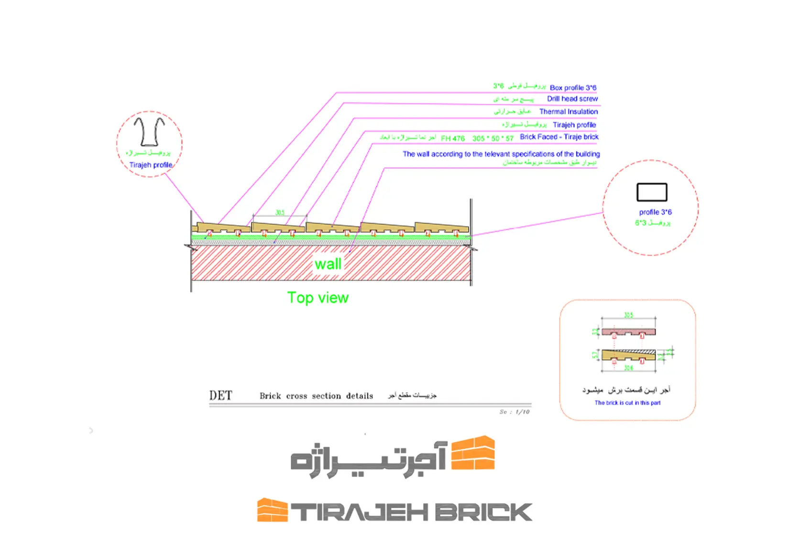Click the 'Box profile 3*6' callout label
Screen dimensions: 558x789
click(x=573, y=88)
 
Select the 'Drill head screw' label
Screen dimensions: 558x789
click(x=572, y=99)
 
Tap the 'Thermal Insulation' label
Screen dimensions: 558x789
click(x=569, y=112)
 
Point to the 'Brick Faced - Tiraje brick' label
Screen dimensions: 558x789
click(x=559, y=137)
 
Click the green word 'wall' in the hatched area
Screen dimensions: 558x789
click(x=328, y=264)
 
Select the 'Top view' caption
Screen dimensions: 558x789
click(x=318, y=298)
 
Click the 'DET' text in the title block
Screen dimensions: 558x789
click(x=220, y=396)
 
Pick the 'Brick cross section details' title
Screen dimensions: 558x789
click(x=316, y=396)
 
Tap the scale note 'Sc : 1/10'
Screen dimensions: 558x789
click(x=515, y=412)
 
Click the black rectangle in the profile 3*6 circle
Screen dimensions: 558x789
click(x=652, y=192)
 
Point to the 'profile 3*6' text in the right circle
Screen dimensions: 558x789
click(x=655, y=212)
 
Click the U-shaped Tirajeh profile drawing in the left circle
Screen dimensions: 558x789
click(x=149, y=131)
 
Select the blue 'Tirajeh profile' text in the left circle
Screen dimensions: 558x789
click(x=151, y=165)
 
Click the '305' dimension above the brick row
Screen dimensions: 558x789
click(x=280, y=213)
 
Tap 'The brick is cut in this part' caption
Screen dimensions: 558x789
click(x=627, y=403)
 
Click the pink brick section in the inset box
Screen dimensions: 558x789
click(x=628, y=332)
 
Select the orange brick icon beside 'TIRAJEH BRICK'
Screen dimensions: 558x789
click(x=272, y=510)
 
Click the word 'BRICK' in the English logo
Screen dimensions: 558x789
click(x=483, y=512)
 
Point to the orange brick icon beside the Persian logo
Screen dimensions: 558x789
click(x=473, y=453)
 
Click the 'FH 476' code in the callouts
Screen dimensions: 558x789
click(x=452, y=139)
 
